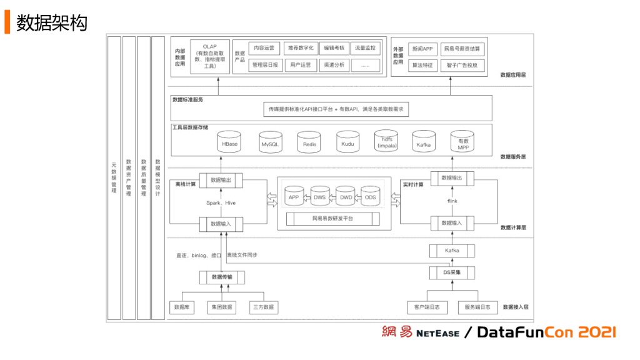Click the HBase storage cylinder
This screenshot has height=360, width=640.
click(229, 143)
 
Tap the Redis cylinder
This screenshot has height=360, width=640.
click(309, 143)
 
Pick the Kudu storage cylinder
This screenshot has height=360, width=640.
click(347, 143)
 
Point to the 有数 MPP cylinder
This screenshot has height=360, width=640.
click(463, 143)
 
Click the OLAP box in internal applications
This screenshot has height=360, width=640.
click(209, 57)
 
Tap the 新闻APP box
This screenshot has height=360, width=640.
click(422, 48)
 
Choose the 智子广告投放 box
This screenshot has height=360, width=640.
click(462, 65)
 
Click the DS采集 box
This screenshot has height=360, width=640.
click(452, 272)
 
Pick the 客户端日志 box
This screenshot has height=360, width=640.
click(427, 307)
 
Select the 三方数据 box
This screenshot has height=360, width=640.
click(263, 307)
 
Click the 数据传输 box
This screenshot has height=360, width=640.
click(222, 277)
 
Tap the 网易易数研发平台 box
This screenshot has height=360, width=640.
click(332, 219)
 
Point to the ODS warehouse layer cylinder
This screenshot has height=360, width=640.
click(370, 196)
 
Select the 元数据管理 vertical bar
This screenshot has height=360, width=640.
click(114, 178)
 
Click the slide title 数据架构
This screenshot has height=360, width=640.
click(52, 23)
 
